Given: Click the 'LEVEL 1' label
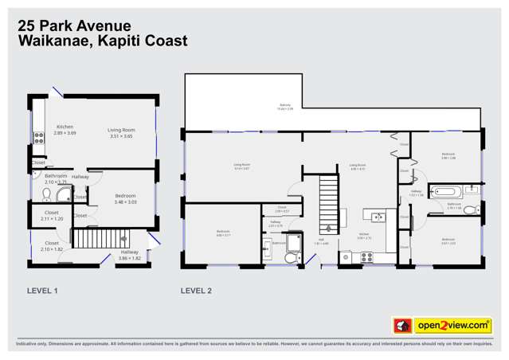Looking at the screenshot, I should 42,291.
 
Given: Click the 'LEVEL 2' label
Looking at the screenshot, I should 196,291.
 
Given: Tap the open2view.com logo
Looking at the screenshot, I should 442,325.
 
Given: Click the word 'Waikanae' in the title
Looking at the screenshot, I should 53,41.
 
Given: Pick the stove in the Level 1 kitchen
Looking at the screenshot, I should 37,137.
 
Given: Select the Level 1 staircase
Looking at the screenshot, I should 99,238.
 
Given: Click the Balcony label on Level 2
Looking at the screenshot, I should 285,107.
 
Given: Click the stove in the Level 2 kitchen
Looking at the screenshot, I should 367,257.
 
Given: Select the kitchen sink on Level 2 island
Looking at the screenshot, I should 377,217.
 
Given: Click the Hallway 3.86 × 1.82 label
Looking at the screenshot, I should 129,255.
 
